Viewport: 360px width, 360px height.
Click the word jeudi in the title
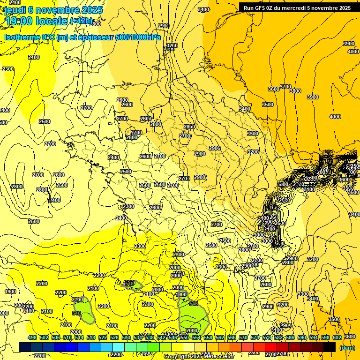pos(15,10)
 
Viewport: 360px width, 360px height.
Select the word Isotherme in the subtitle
pos(22,37)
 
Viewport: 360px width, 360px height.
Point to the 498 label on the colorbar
pos(32,337)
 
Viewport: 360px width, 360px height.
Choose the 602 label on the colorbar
pos(337,337)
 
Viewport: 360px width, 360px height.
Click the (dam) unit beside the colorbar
pos(347,348)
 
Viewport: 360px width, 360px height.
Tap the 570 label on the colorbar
pos(243,337)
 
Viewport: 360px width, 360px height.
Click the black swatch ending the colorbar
pos(330,347)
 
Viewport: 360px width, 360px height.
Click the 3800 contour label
pos(295,91)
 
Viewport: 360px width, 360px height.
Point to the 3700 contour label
pos(285,87)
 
